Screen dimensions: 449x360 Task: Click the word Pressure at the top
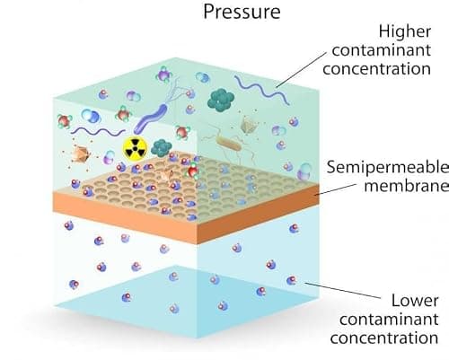(x=242, y=12)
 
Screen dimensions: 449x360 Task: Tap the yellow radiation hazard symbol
(x=136, y=148)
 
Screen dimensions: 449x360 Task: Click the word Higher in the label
(x=405, y=32)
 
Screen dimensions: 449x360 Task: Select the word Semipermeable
(x=388, y=168)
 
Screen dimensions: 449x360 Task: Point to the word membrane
(x=407, y=185)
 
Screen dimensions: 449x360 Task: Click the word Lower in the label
(x=415, y=301)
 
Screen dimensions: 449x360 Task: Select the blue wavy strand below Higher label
(x=261, y=89)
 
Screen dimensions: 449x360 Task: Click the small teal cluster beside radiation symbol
(x=162, y=148)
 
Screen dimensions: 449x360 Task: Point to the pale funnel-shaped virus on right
(x=249, y=124)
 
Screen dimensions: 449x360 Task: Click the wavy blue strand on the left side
(x=98, y=131)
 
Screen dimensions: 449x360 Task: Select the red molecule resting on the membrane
(x=193, y=171)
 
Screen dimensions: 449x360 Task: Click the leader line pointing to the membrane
(x=337, y=189)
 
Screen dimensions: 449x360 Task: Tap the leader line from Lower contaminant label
(x=342, y=290)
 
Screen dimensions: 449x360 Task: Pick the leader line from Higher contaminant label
(x=301, y=70)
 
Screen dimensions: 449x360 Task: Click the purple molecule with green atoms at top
(x=163, y=75)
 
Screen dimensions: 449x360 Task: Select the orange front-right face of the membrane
(x=258, y=215)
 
